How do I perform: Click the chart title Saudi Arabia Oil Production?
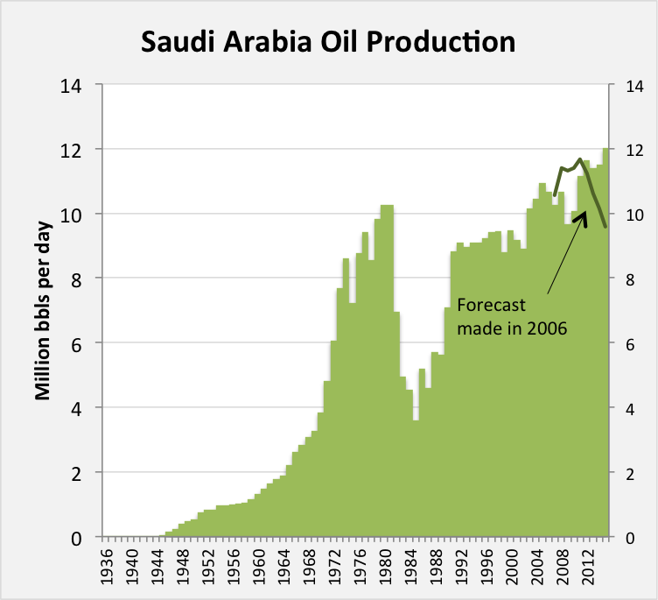328,41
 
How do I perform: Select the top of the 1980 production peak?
387,206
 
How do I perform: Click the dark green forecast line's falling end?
605,226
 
